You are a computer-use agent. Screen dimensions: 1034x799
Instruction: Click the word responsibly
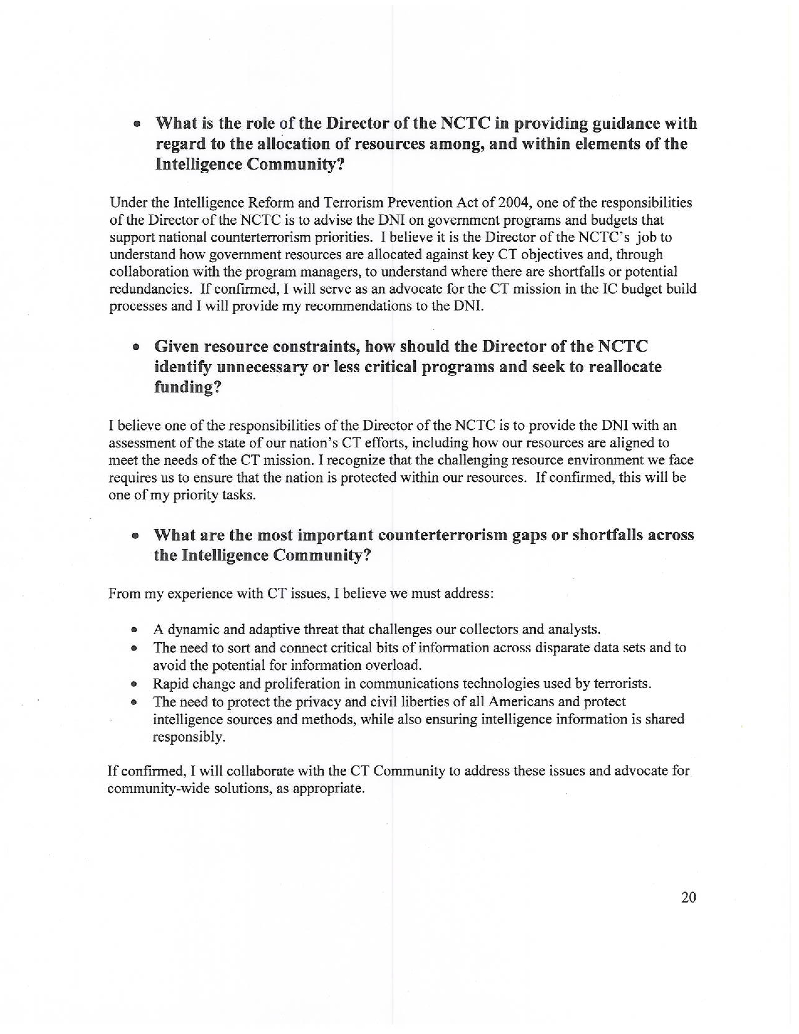pos(188,737)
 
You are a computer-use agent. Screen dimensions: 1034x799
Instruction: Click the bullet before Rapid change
pos(135,684)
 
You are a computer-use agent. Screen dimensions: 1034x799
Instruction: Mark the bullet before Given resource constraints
pos(136,347)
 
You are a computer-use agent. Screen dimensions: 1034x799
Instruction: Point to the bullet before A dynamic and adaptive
pos(135,630)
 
